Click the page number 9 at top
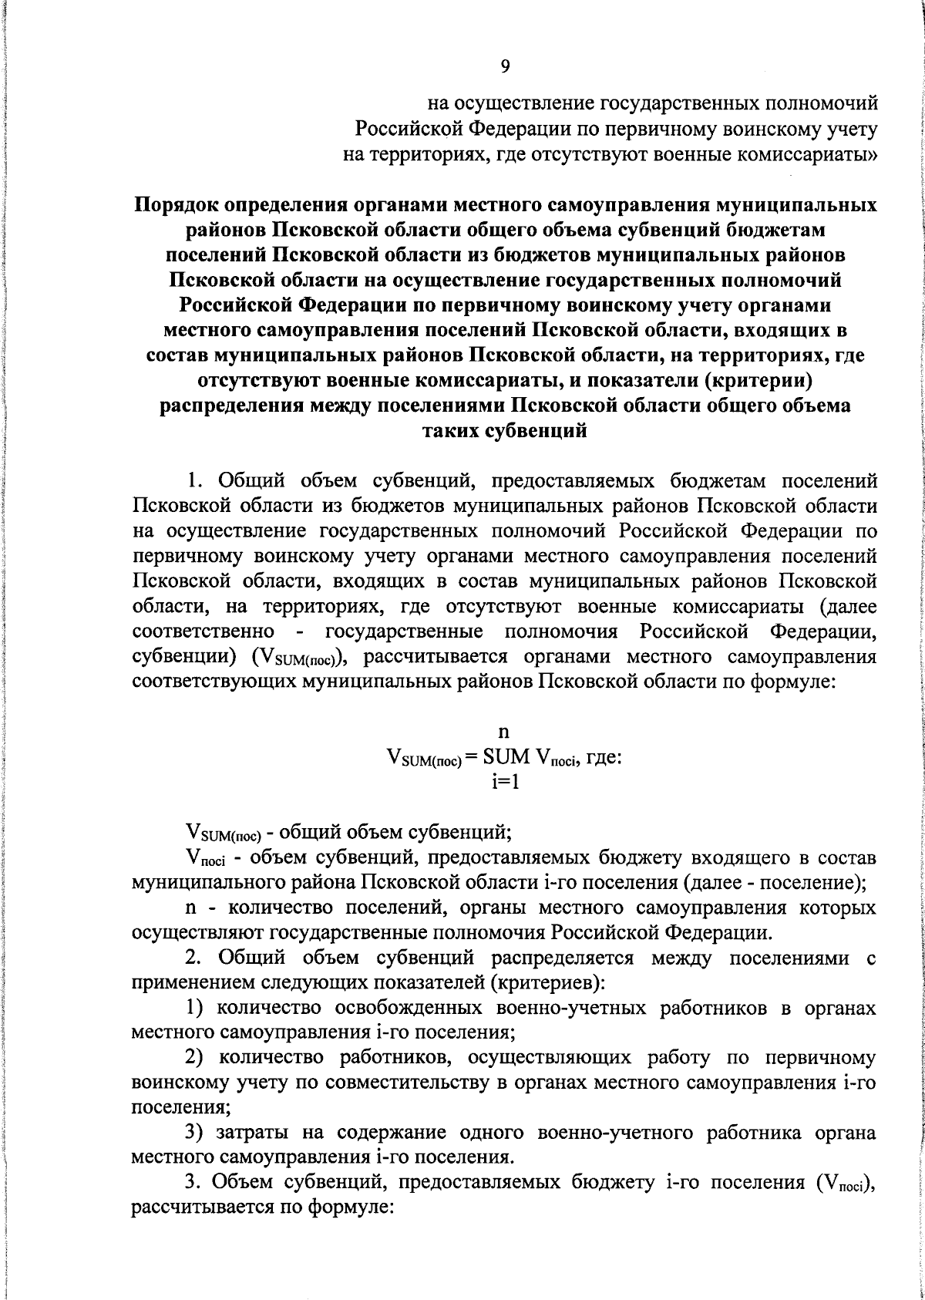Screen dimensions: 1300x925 click(x=505, y=67)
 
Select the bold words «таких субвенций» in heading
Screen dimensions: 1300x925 click(x=505, y=431)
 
